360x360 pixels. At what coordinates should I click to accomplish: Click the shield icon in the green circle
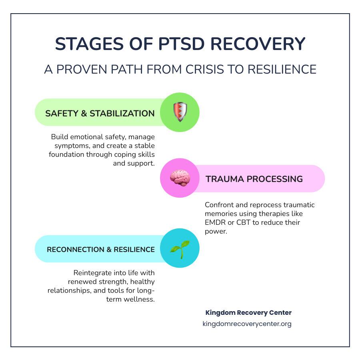click(180, 112)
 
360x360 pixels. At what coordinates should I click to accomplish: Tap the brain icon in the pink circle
click(180, 178)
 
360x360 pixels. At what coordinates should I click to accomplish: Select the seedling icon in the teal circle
click(180, 248)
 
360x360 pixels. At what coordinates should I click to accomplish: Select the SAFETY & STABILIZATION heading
click(100, 113)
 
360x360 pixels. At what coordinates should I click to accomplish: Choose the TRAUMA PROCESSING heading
click(254, 179)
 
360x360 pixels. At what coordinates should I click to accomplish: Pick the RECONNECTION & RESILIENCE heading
click(101, 250)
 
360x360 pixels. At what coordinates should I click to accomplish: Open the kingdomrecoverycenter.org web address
click(247, 324)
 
